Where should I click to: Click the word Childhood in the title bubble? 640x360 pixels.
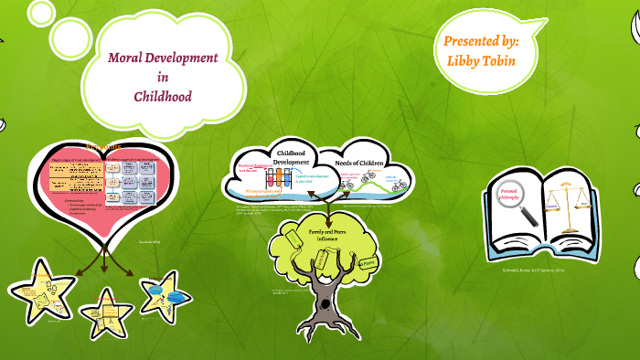pos(162,95)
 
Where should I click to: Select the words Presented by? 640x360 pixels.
pos(481,41)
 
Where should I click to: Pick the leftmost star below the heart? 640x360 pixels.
pos(41,292)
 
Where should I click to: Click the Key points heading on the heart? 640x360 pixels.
pos(103,146)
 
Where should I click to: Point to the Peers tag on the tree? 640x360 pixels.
pos(369,263)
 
